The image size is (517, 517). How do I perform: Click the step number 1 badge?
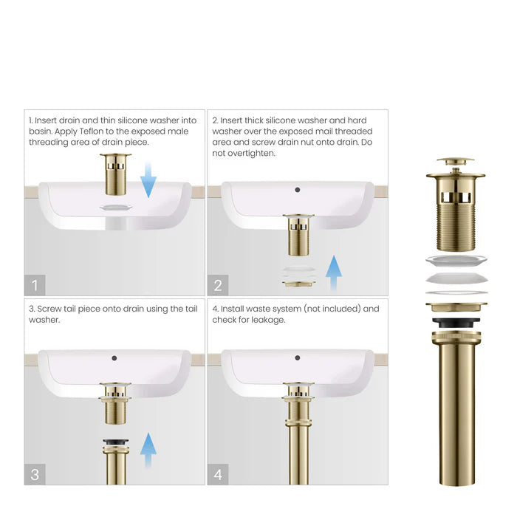[35, 284]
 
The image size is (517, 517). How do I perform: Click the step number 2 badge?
[218, 284]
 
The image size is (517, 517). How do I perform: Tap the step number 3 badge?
[35, 473]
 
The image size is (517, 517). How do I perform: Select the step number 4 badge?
[218, 473]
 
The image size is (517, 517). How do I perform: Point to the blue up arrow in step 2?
[334, 273]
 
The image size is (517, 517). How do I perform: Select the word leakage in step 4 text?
[267, 320]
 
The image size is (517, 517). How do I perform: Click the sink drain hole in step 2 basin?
[297, 190]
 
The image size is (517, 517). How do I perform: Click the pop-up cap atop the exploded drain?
[455, 161]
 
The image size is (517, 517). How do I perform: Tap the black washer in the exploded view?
[455, 322]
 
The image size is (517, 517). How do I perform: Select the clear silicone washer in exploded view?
[455, 261]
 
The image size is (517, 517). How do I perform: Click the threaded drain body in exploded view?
[455, 222]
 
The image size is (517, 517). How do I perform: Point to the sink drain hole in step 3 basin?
[114, 358]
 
